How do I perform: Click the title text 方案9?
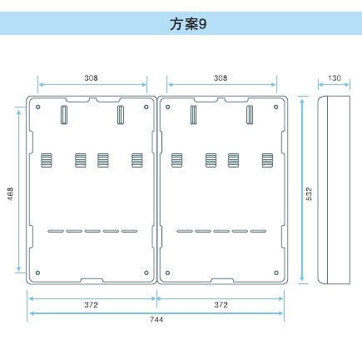click(x=188, y=24)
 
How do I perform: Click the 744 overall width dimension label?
click(x=156, y=320)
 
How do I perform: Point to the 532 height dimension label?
click(x=309, y=193)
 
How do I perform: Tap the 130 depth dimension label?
click(x=335, y=78)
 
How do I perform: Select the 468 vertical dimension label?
click(x=10, y=193)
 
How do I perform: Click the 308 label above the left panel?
click(x=91, y=78)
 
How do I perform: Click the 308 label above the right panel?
click(x=221, y=78)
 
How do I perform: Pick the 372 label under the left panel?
click(x=91, y=305)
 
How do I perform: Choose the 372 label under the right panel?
click(x=221, y=305)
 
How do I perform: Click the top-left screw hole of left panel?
click(x=38, y=107)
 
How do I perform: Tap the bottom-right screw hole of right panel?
click(x=276, y=272)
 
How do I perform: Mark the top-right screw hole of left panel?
click(x=146, y=107)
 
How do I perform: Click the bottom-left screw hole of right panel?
click(x=167, y=272)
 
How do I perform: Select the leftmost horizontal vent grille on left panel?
click(x=47, y=160)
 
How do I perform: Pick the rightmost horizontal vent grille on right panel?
click(x=267, y=160)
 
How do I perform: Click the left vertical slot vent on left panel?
click(x=64, y=114)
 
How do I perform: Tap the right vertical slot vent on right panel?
click(x=250, y=114)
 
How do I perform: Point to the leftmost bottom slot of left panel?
click(x=56, y=231)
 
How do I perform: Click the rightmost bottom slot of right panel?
click(x=258, y=231)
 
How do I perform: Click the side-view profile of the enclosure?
click(x=334, y=190)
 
